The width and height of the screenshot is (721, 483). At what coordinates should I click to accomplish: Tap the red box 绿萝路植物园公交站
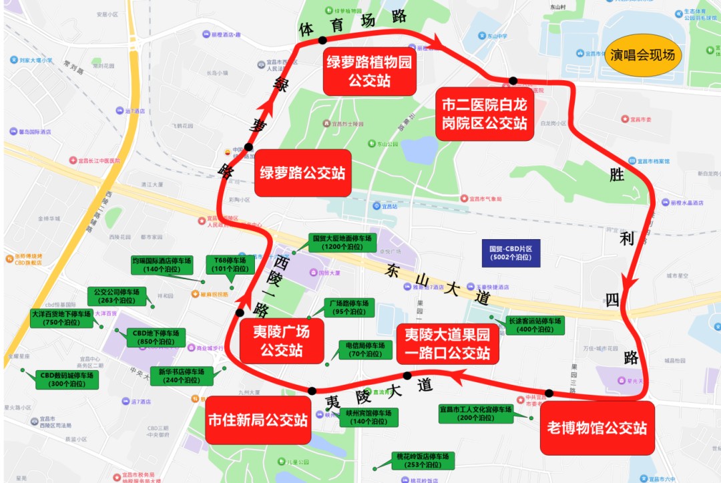pyautogui.click(x=369, y=71)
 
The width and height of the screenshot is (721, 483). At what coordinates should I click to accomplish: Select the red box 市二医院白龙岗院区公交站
pyautogui.click(x=484, y=114)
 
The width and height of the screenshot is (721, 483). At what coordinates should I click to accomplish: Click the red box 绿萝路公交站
pyautogui.click(x=302, y=173)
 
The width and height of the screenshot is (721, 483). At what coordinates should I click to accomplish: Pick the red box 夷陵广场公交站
pyautogui.click(x=281, y=340)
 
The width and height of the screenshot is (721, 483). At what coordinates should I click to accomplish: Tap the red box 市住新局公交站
pyautogui.click(x=258, y=420)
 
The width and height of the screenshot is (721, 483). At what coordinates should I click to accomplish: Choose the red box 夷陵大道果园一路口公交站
pyautogui.click(x=446, y=343)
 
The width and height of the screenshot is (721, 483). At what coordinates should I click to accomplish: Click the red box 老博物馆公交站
pyautogui.click(x=596, y=428)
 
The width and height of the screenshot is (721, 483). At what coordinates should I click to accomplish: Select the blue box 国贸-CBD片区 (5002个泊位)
pyautogui.click(x=511, y=253)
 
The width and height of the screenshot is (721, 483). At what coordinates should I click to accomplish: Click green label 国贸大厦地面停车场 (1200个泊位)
pyautogui.click(x=342, y=242)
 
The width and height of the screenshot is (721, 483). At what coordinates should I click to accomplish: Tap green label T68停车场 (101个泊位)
pyautogui.click(x=230, y=265)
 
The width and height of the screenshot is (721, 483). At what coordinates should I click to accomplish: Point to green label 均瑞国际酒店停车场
pyautogui.click(x=162, y=265)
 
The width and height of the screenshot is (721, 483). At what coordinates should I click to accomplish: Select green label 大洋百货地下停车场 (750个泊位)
pyautogui.click(x=61, y=318)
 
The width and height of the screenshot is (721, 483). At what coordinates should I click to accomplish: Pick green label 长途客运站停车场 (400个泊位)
pyautogui.click(x=534, y=325)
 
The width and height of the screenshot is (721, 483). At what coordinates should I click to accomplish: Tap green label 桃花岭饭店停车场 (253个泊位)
pyautogui.click(x=423, y=460)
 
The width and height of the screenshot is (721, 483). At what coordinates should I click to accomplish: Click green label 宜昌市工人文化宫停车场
pyautogui.click(x=475, y=414)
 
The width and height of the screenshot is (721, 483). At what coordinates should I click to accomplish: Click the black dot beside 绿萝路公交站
pyautogui.click(x=248, y=147)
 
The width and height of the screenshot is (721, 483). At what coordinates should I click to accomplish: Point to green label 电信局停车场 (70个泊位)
pyautogui.click(x=365, y=349)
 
